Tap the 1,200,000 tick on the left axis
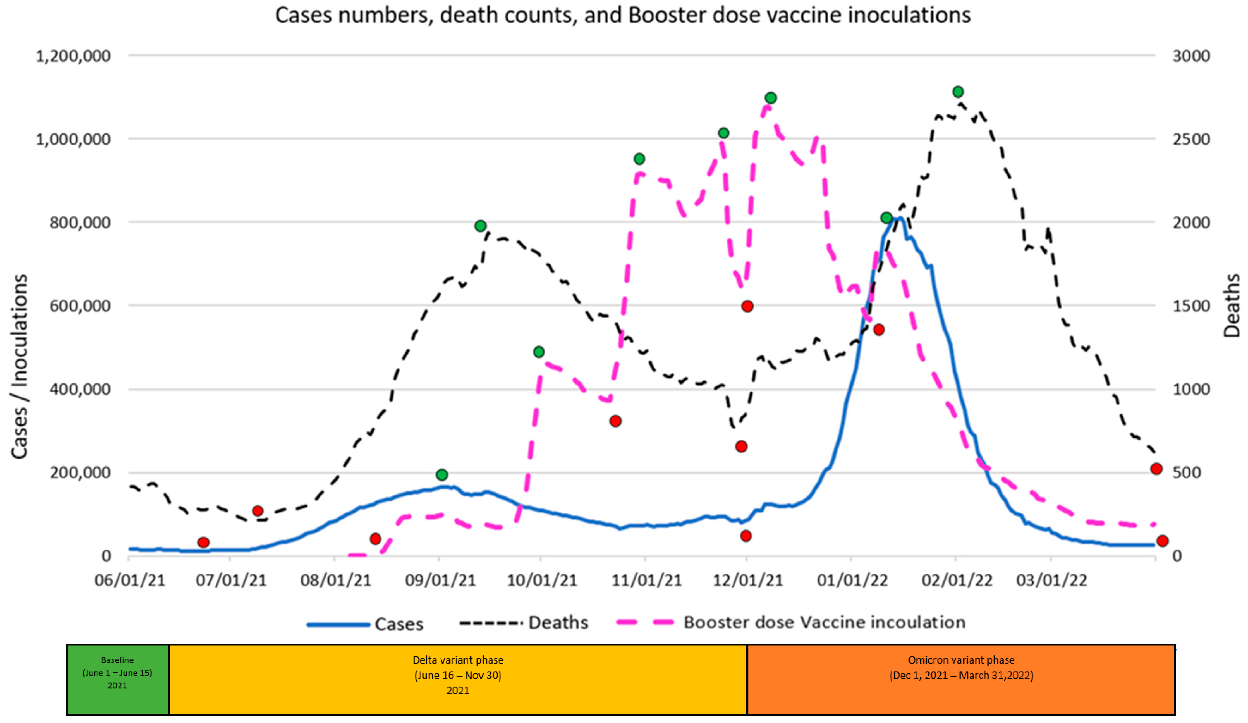click(73, 56)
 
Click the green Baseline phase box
click(117, 679)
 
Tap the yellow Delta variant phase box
click(458, 679)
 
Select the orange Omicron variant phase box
click(961, 679)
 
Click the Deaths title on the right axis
click(1232, 306)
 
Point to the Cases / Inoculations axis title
click(19, 367)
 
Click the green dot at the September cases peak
click(442, 475)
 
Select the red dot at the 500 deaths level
click(1156, 469)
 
